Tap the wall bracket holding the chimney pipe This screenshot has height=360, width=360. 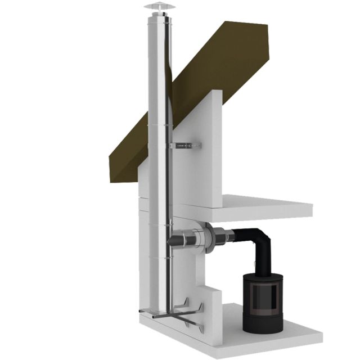pos(186,146)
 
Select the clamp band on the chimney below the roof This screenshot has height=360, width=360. pos(157,125)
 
